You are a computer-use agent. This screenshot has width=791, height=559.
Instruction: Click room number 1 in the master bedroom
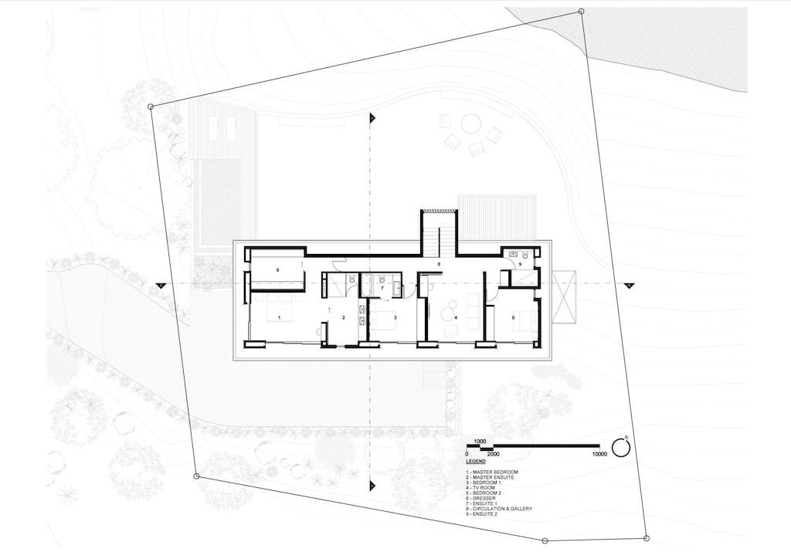tap(279, 317)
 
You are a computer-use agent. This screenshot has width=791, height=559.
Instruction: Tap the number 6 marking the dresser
tap(277, 270)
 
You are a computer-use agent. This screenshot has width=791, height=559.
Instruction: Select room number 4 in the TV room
tap(456, 318)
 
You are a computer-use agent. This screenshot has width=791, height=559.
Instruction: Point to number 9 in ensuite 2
tap(520, 264)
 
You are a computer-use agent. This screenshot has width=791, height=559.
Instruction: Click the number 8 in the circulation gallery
tap(439, 263)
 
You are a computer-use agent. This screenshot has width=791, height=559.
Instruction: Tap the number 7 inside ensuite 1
tap(382, 289)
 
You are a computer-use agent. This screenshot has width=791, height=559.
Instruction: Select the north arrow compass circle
tap(622, 447)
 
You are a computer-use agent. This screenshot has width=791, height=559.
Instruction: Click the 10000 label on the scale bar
tap(599, 454)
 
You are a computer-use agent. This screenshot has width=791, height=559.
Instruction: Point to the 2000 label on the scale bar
tap(493, 454)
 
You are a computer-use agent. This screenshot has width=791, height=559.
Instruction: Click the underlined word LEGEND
tap(476, 461)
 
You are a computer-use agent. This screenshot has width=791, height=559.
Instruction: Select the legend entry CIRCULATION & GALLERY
tap(499, 509)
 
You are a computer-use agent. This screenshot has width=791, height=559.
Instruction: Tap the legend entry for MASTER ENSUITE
tap(490, 477)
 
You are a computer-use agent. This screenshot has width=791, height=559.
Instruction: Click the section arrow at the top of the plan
tap(373, 118)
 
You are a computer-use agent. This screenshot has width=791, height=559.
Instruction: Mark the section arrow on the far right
tap(629, 286)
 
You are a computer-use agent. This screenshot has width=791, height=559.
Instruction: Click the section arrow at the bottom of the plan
tap(373, 486)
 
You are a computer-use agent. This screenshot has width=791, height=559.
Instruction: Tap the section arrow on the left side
tap(161, 286)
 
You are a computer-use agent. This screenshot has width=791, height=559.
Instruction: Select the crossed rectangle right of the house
tap(563, 297)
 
